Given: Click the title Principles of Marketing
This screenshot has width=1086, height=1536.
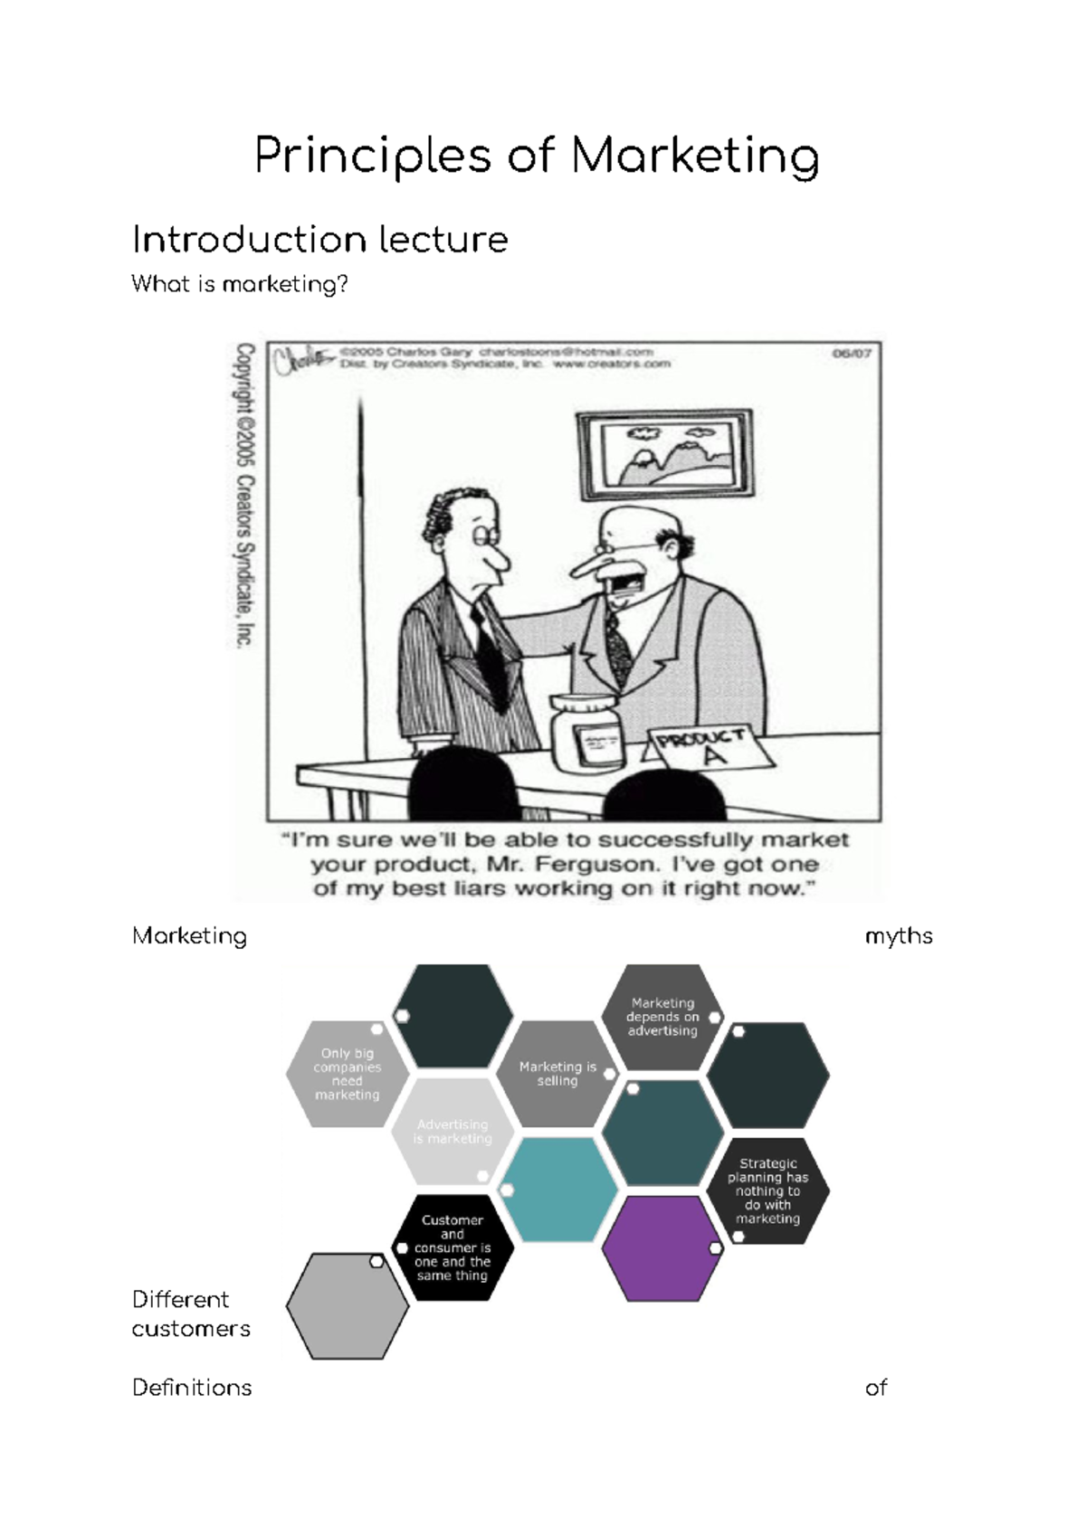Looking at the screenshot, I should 537,156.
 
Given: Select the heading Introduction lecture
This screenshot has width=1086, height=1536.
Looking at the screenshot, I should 319,240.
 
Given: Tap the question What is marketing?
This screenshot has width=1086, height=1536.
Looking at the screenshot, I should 240,284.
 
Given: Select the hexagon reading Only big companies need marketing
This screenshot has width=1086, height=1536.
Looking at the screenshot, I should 347,1074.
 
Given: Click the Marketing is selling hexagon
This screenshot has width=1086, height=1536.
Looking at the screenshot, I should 557,1074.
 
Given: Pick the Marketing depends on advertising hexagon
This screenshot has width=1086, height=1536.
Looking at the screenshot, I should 662,1017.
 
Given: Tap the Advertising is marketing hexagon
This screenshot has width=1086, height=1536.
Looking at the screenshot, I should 452,1131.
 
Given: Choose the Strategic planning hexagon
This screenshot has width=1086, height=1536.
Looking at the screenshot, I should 767,1190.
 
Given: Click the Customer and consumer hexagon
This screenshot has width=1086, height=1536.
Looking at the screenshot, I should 452,1247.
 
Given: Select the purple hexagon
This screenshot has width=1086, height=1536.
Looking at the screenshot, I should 662,1248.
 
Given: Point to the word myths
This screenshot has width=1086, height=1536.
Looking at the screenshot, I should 898,936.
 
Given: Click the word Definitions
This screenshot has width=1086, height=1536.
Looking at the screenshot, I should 192,1388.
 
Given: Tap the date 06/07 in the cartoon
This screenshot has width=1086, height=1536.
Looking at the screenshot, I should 852,354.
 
